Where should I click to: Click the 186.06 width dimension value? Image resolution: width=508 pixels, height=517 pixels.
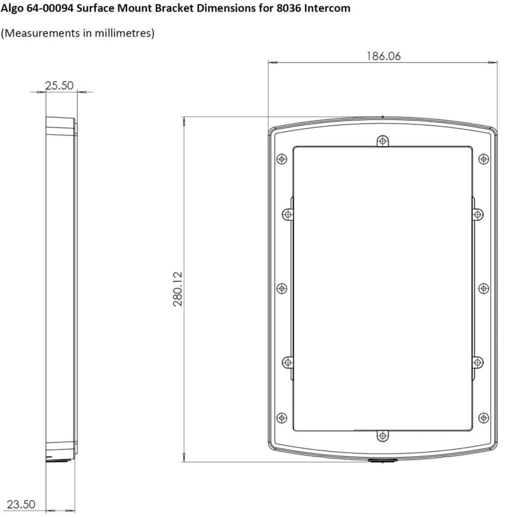384,56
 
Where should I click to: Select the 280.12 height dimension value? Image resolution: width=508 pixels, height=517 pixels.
178,289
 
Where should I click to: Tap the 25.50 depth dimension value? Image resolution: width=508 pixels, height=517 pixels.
59,86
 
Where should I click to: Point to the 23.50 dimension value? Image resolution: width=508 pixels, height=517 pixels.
21,504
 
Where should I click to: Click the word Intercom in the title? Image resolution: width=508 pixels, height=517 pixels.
326,9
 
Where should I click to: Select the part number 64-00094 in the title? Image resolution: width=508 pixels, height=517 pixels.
45,9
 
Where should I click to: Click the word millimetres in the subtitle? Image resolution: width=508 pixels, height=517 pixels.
123,33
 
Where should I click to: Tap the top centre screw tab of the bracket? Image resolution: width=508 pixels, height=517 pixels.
383,141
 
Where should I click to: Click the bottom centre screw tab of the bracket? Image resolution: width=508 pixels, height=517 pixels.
383,436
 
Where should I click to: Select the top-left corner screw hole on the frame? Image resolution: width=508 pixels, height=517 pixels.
282,159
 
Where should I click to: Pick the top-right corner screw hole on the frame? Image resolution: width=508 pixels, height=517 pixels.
484,159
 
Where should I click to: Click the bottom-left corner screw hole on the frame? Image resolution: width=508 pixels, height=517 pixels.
282,418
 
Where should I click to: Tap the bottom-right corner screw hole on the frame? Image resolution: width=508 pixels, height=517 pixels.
484,418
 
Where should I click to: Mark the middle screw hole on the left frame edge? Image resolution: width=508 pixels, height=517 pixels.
282,288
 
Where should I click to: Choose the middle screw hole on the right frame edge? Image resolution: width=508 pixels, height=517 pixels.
484,288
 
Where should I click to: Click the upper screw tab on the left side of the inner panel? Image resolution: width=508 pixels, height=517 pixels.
288,214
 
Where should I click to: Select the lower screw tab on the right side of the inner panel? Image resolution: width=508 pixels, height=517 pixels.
478,362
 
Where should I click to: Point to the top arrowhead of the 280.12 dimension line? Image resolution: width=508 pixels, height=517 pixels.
184,121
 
